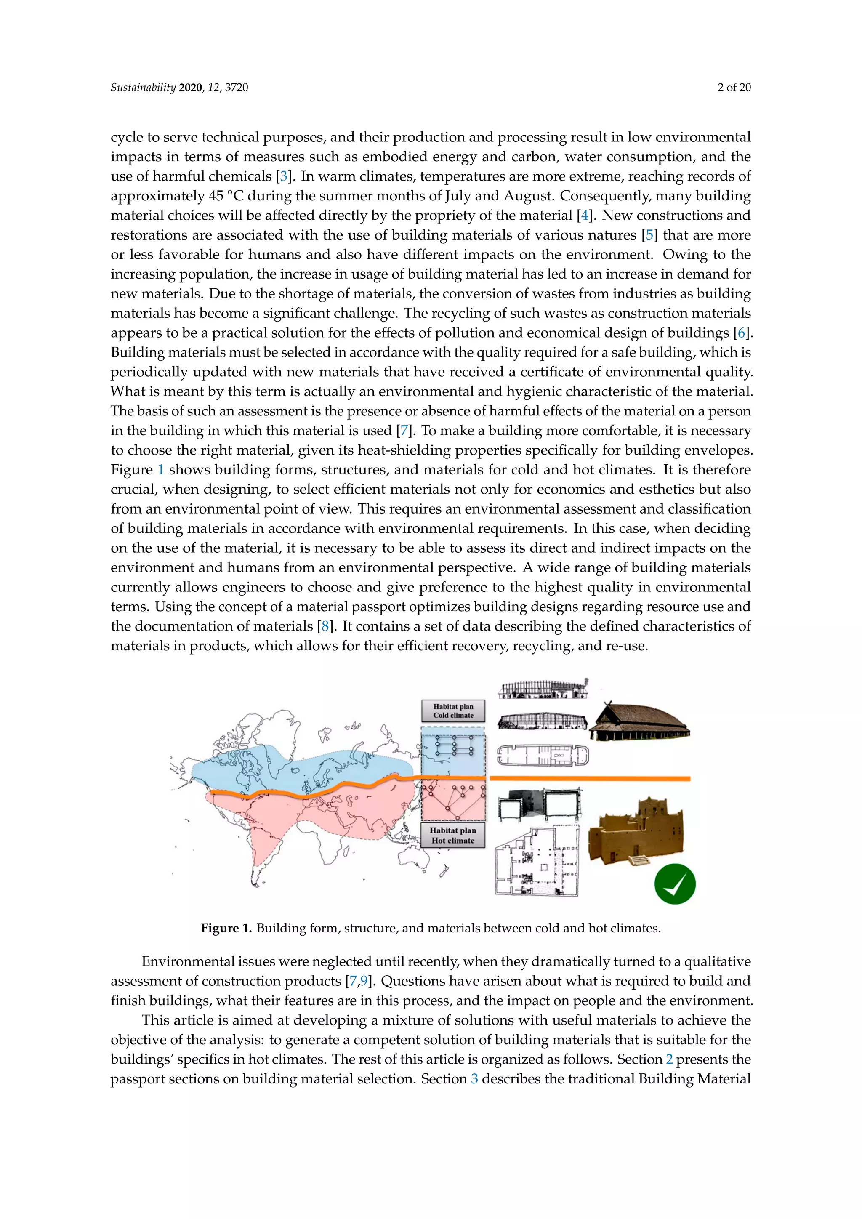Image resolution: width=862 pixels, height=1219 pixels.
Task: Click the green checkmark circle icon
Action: [x=675, y=884]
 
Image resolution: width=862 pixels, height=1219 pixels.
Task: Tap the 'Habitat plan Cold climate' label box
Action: [x=453, y=711]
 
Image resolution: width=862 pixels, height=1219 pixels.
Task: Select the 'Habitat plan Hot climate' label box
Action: [x=453, y=835]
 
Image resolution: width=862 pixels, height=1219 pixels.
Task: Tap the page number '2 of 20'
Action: [x=734, y=88]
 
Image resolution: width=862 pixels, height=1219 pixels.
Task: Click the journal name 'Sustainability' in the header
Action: [x=143, y=88]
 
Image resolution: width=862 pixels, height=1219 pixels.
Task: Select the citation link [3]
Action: [x=284, y=176]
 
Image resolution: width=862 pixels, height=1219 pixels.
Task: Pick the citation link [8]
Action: [x=325, y=626]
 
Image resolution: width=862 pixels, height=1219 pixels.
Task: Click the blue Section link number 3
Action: [x=474, y=1079]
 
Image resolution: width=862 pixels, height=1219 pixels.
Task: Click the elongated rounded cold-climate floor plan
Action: [x=543, y=754]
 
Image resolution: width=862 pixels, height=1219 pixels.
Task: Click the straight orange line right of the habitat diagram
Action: [x=589, y=778]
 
